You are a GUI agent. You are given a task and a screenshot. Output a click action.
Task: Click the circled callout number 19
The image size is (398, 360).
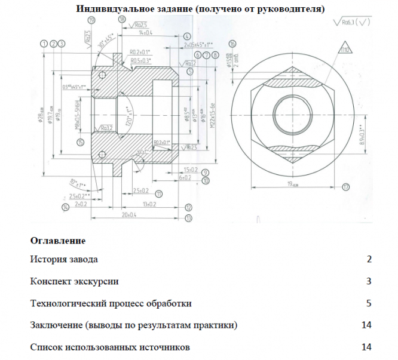(x=91, y=20)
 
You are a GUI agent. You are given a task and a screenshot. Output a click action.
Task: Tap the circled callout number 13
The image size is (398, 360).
(x=189, y=219)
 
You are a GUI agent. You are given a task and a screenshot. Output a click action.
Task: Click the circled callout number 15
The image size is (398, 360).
(x=81, y=141)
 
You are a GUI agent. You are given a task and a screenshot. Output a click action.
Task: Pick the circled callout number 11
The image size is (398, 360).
(x=158, y=194)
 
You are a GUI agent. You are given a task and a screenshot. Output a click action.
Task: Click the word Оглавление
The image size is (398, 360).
(x=57, y=241)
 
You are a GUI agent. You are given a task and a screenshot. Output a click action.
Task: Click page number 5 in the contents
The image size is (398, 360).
(x=369, y=303)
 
